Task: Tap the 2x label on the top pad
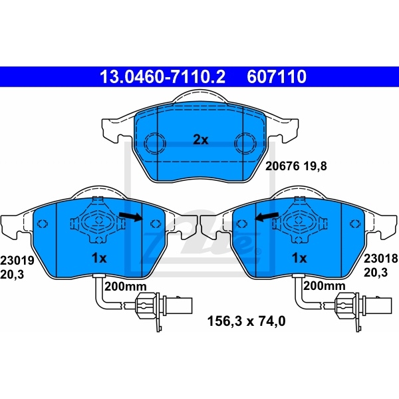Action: click(x=200, y=140)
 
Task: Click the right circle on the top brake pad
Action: click(x=246, y=142)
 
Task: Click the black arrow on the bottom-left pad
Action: click(x=130, y=215)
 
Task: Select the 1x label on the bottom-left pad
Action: click(x=98, y=257)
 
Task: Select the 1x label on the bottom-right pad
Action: click(x=299, y=257)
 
